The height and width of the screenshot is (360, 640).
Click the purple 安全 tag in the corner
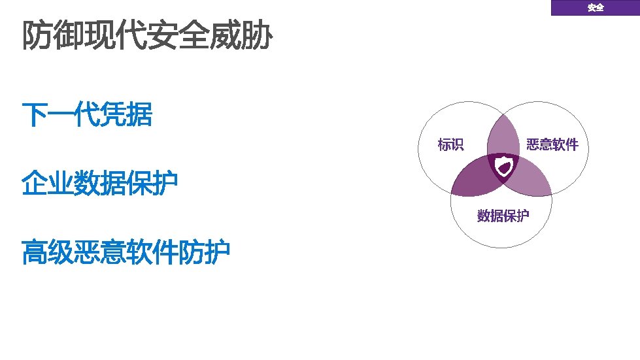tap(595, 8)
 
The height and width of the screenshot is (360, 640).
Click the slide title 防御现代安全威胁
tap(147, 37)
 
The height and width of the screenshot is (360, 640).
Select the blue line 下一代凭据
tap(87, 116)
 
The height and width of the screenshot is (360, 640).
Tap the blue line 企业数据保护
tap(100, 184)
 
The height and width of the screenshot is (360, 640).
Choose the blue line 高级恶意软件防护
tap(126, 253)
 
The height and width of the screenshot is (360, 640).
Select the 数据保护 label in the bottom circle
tap(503, 216)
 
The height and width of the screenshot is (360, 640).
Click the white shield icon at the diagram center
tap(503, 169)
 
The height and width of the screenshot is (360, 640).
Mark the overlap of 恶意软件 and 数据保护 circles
tap(533, 180)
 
